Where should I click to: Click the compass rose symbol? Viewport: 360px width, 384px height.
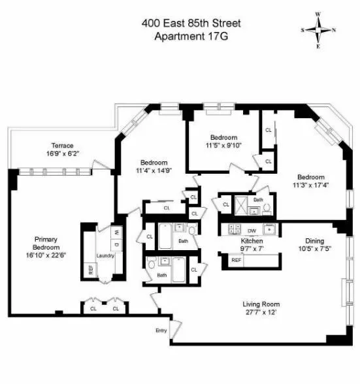(x=318, y=29)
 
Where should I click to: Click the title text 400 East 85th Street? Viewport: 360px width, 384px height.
(x=191, y=24)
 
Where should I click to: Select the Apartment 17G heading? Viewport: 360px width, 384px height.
(x=190, y=36)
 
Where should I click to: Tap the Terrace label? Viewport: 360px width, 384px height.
(x=63, y=146)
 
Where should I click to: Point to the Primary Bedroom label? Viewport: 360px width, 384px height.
(x=46, y=243)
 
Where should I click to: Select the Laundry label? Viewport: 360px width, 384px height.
(x=105, y=255)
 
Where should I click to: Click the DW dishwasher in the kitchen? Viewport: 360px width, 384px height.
(x=252, y=231)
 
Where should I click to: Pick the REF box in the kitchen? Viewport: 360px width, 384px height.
(x=236, y=260)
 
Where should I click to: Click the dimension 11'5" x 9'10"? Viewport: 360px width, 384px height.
(x=223, y=146)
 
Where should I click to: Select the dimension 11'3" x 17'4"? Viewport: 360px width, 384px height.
(x=311, y=185)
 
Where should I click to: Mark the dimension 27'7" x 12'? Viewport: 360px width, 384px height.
(x=260, y=312)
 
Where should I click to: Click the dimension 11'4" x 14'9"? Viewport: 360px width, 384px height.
(x=154, y=171)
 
